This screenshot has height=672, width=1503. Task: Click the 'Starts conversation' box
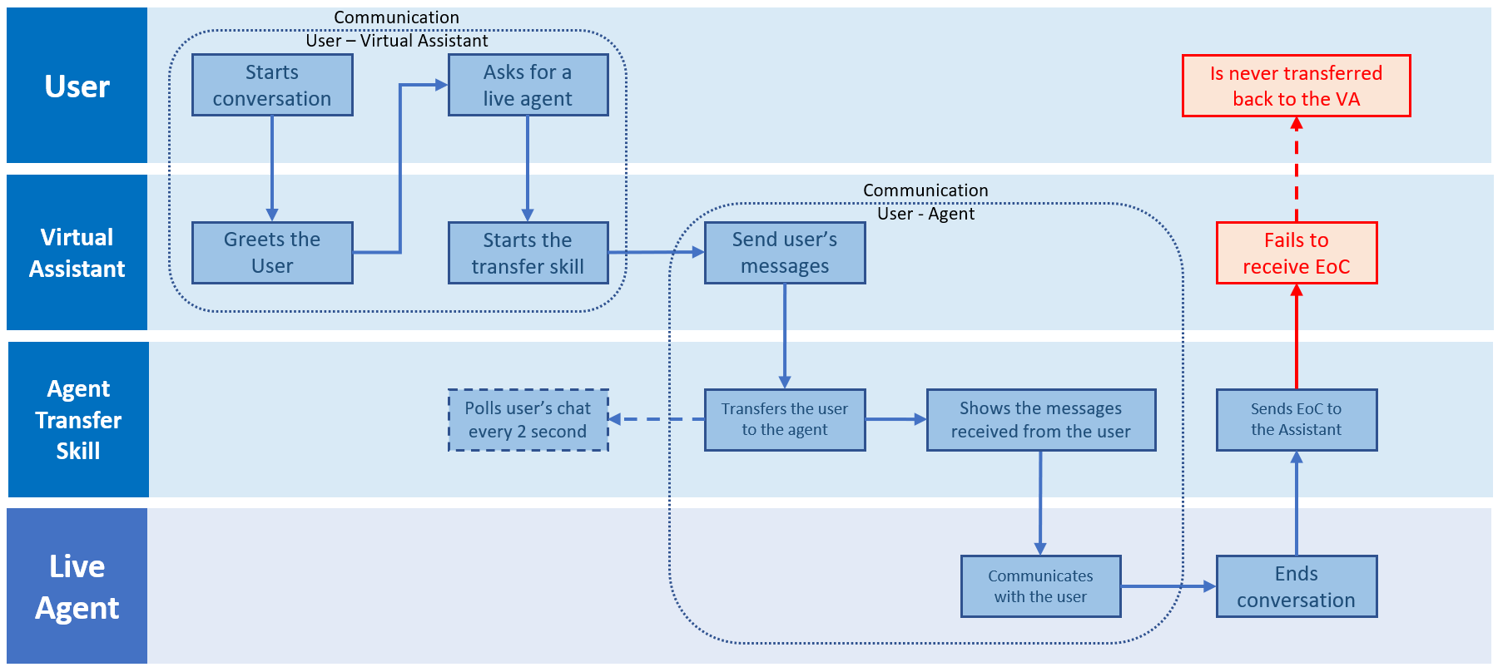[x=272, y=85]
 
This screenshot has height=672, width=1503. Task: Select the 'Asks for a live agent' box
[x=528, y=85]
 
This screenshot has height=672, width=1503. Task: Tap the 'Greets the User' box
[x=272, y=253]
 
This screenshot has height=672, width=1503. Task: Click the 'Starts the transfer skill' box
[x=528, y=253]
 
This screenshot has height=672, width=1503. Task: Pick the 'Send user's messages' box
[x=784, y=253]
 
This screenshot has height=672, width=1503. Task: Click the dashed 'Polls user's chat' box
[x=528, y=420]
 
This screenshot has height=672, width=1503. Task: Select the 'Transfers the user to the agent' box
[x=784, y=420]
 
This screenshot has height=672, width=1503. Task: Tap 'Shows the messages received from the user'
[x=1040, y=420]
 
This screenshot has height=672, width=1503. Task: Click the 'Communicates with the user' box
[x=1040, y=586]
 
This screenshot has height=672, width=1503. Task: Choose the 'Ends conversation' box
[x=1296, y=586]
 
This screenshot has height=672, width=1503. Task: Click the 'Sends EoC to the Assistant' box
[x=1296, y=420]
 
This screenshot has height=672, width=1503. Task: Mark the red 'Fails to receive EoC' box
[x=1296, y=253]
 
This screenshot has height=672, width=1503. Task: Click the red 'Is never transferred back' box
[x=1296, y=86]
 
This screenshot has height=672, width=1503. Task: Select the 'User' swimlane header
[x=77, y=86]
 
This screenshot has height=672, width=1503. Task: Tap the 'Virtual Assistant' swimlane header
[x=77, y=253]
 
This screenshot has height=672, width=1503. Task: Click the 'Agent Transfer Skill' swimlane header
[x=77, y=420]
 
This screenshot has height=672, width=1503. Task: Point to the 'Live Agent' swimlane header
[x=77, y=586]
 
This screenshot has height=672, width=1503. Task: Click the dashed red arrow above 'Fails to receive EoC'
[x=1296, y=170]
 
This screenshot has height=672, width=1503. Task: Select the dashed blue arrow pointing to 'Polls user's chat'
[x=657, y=419]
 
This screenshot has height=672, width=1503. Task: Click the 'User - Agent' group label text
[x=925, y=214]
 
